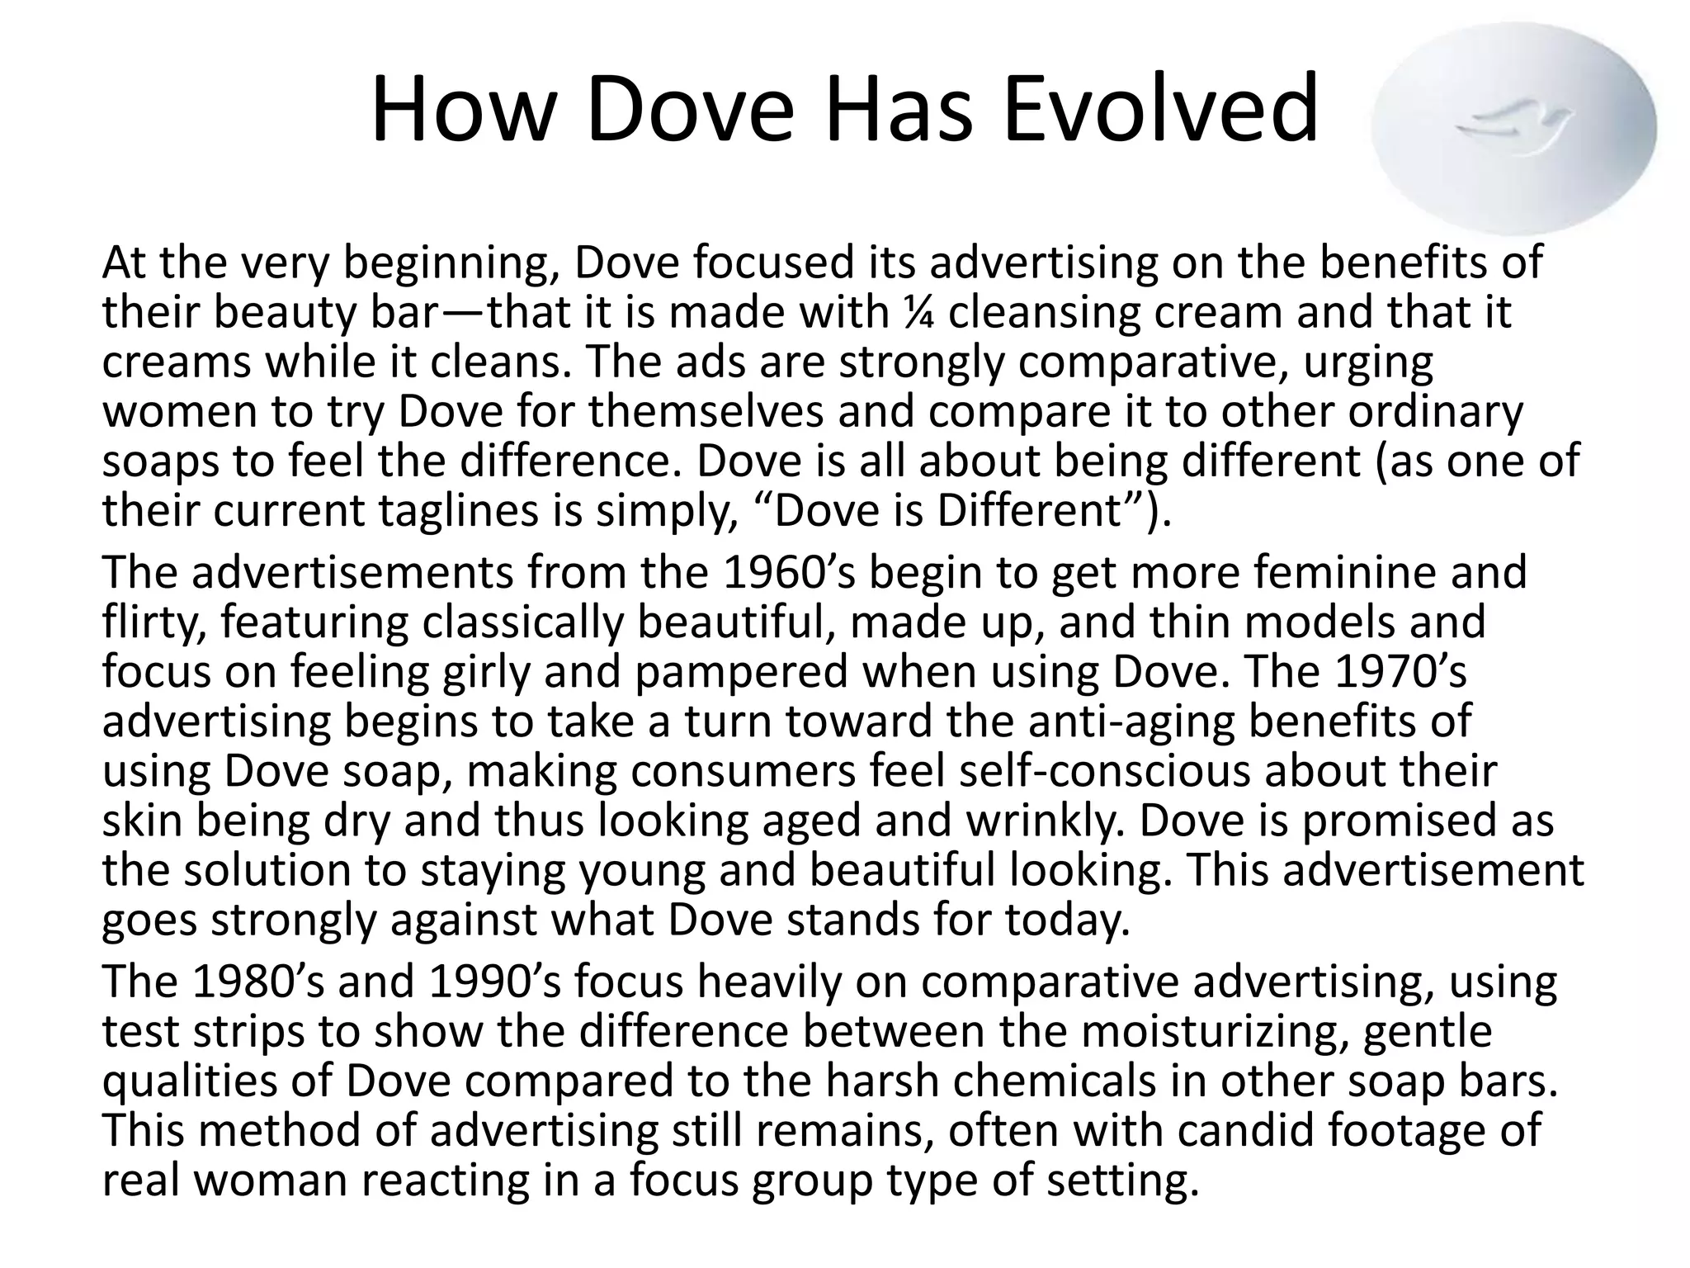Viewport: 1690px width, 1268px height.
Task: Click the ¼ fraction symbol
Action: pos(908,313)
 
